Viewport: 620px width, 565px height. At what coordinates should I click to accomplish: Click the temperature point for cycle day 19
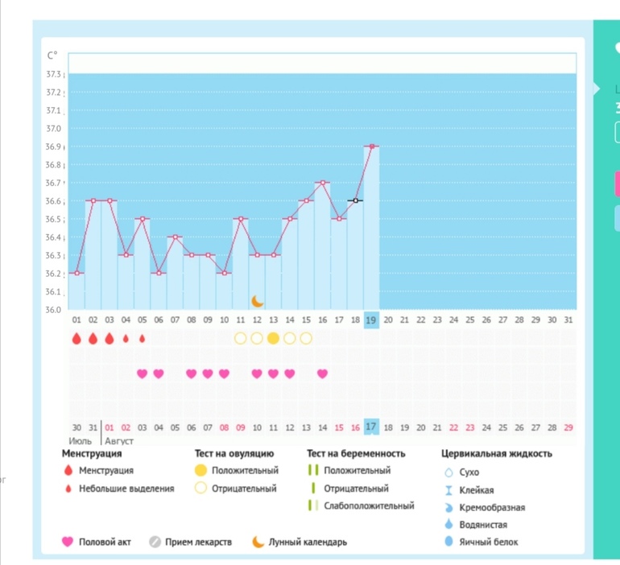pyautogui.click(x=371, y=146)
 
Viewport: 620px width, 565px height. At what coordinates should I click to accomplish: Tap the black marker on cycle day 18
pyautogui.click(x=355, y=200)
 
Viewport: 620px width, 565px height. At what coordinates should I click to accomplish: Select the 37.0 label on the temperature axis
pyautogui.click(x=53, y=129)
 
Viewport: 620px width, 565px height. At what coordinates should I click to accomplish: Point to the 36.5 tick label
pyautogui.click(x=53, y=219)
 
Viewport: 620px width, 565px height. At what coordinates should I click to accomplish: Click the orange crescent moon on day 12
pyautogui.click(x=257, y=301)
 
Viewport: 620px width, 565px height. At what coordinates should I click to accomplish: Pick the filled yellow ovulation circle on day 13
pyautogui.click(x=273, y=338)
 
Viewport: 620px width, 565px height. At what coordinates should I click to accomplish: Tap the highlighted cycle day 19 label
pyautogui.click(x=371, y=320)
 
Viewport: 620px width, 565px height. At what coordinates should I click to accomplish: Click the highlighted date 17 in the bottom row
pyautogui.click(x=371, y=427)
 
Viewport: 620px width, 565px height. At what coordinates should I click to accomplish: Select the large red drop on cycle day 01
pyautogui.click(x=76, y=338)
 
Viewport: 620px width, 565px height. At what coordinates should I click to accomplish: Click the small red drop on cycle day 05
pyautogui.click(x=143, y=339)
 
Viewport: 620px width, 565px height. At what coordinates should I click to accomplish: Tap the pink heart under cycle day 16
pyautogui.click(x=322, y=373)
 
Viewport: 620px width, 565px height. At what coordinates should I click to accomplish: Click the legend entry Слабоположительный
pyautogui.click(x=369, y=506)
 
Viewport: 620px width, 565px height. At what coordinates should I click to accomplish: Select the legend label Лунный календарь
pyautogui.click(x=308, y=542)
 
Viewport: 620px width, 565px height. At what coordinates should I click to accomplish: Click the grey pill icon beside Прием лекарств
pyautogui.click(x=155, y=542)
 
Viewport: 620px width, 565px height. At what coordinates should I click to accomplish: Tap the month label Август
pyautogui.click(x=118, y=441)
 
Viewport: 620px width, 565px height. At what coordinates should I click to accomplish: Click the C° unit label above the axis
pyautogui.click(x=53, y=56)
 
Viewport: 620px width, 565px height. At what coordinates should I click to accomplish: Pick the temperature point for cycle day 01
pyautogui.click(x=76, y=273)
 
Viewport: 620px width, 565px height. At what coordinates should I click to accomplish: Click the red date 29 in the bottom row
pyautogui.click(x=569, y=427)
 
